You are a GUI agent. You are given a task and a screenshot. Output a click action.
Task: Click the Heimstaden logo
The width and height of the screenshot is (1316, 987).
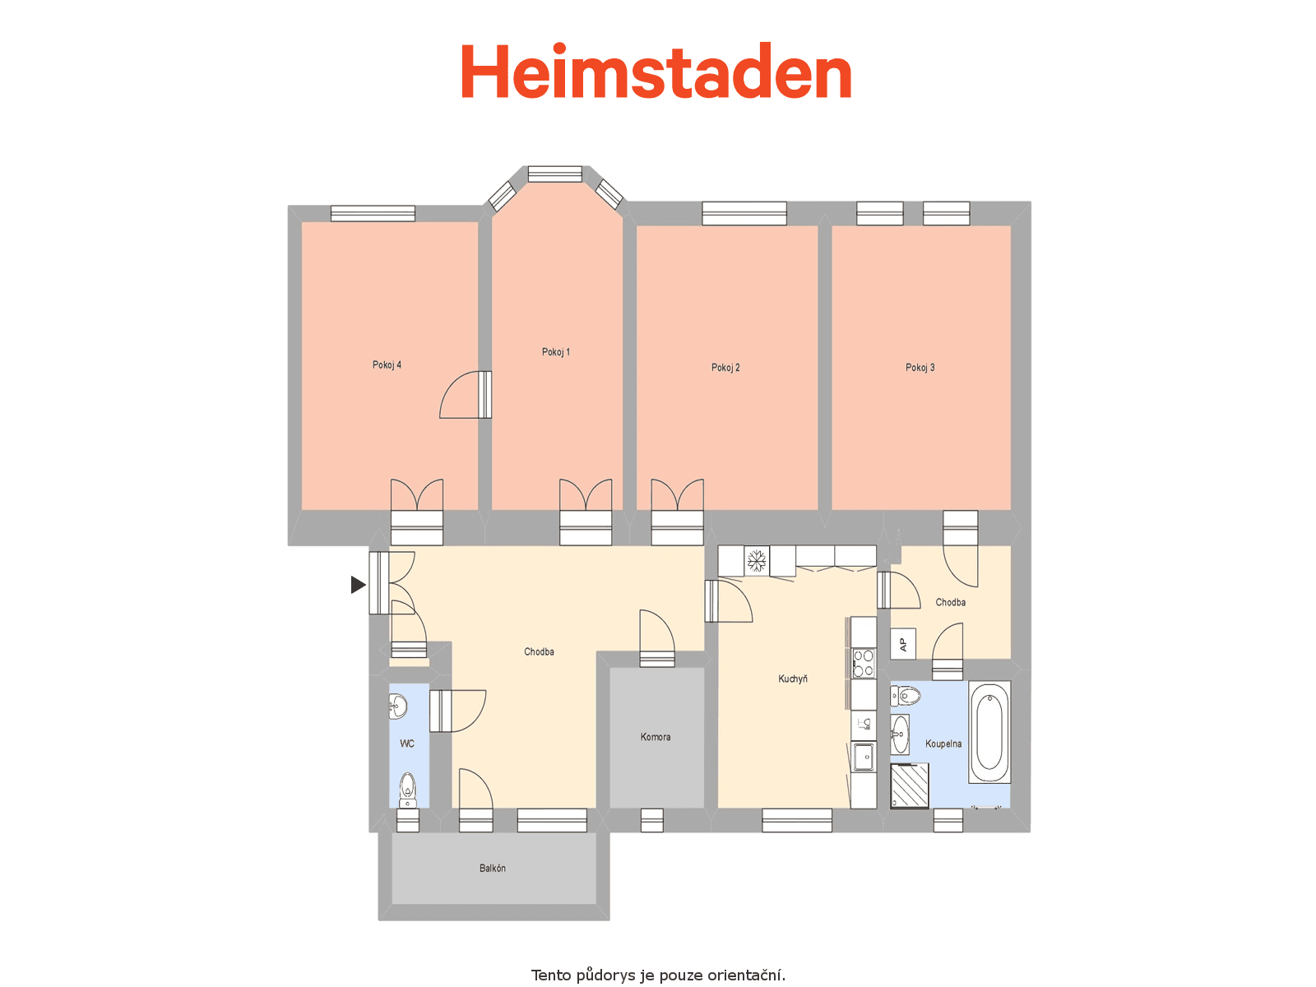coord(656,71)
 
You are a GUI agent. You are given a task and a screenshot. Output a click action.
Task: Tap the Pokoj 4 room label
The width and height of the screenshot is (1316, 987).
coord(387,365)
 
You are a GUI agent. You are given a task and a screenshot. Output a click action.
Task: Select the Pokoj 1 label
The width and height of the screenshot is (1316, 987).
coord(556,352)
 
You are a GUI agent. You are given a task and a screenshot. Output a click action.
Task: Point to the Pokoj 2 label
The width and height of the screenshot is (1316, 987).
coord(725,368)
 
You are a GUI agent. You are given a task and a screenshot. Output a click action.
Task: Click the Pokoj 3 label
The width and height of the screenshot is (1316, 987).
coord(920,368)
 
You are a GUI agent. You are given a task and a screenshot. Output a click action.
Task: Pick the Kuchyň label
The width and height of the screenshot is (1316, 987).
coord(793,679)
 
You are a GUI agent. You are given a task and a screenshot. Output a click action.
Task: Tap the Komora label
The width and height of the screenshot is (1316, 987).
coord(656,736)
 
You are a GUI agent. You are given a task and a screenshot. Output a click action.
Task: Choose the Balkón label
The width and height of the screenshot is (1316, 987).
coord(492,868)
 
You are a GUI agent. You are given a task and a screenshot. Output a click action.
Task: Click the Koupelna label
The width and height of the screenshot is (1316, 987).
coord(943,744)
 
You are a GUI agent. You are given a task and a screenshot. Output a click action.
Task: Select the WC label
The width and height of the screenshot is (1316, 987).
coord(407,743)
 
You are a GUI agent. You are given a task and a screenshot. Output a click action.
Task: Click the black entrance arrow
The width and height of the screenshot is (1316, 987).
coord(358,584)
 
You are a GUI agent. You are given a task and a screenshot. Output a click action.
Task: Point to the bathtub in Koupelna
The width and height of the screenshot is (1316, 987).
coord(989,732)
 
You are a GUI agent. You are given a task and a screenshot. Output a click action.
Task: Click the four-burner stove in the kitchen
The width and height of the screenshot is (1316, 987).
coord(864,664)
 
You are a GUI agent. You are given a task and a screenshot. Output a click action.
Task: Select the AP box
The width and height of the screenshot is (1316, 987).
coord(903,644)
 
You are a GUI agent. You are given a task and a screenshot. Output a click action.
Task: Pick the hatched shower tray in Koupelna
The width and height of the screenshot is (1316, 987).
coord(910,785)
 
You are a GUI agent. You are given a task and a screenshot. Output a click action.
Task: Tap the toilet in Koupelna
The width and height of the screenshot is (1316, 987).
coord(906,696)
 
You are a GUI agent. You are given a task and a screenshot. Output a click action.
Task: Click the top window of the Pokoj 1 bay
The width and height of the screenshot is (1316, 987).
coord(554,174)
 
